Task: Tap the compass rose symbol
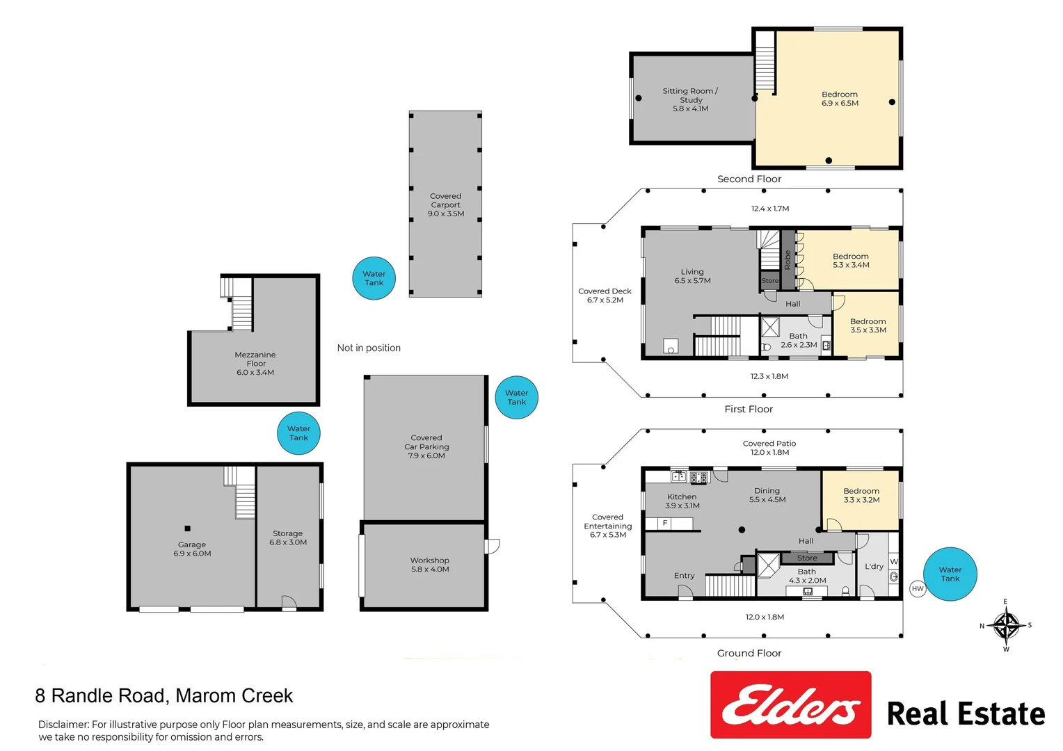pos(1006,625)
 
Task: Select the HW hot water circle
pos(918,589)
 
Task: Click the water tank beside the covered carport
pos(374,278)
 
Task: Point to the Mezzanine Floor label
pos(255,364)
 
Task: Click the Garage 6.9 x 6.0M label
pos(192,549)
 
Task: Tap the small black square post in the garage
pos(187,528)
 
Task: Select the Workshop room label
pos(430,565)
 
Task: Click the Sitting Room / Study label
pos(691,99)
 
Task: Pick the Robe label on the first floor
pos(788,260)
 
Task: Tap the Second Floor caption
pos(749,179)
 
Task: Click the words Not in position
pos(369,348)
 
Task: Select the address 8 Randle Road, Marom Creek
pos(164,696)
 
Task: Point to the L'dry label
pos(874,566)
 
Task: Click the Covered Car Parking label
pos(426,446)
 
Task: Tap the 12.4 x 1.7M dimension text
pos(769,209)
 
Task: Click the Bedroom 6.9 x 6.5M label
pos(840,99)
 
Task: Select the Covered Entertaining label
pos(608,526)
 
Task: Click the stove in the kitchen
pos(699,477)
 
